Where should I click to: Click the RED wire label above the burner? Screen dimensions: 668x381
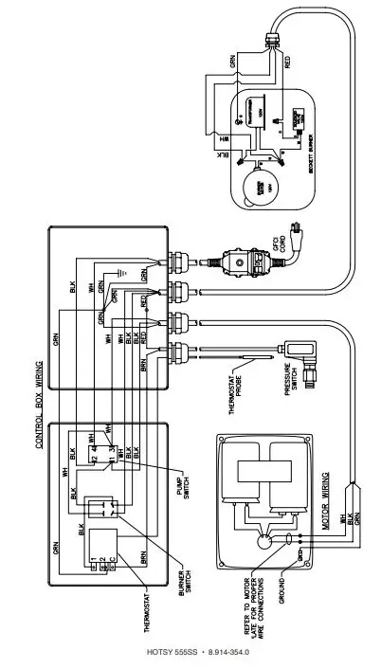[287, 63]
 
